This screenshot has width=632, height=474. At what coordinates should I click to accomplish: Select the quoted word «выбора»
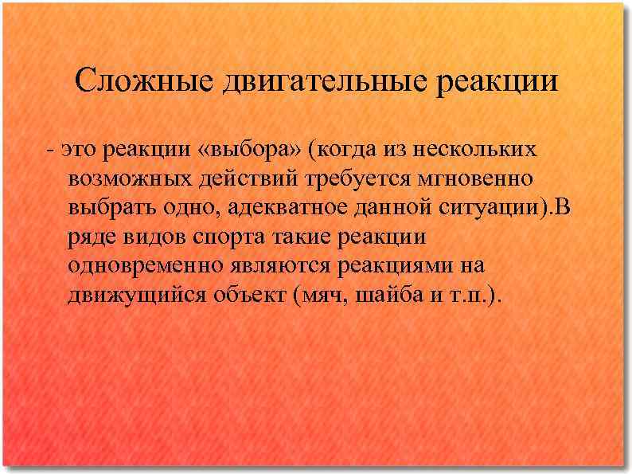tap(246, 150)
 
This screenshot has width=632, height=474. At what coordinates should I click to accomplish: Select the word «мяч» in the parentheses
tap(320, 297)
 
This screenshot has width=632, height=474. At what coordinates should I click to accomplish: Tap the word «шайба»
tap(386, 297)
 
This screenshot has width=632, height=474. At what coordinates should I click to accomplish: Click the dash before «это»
tap(50, 150)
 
